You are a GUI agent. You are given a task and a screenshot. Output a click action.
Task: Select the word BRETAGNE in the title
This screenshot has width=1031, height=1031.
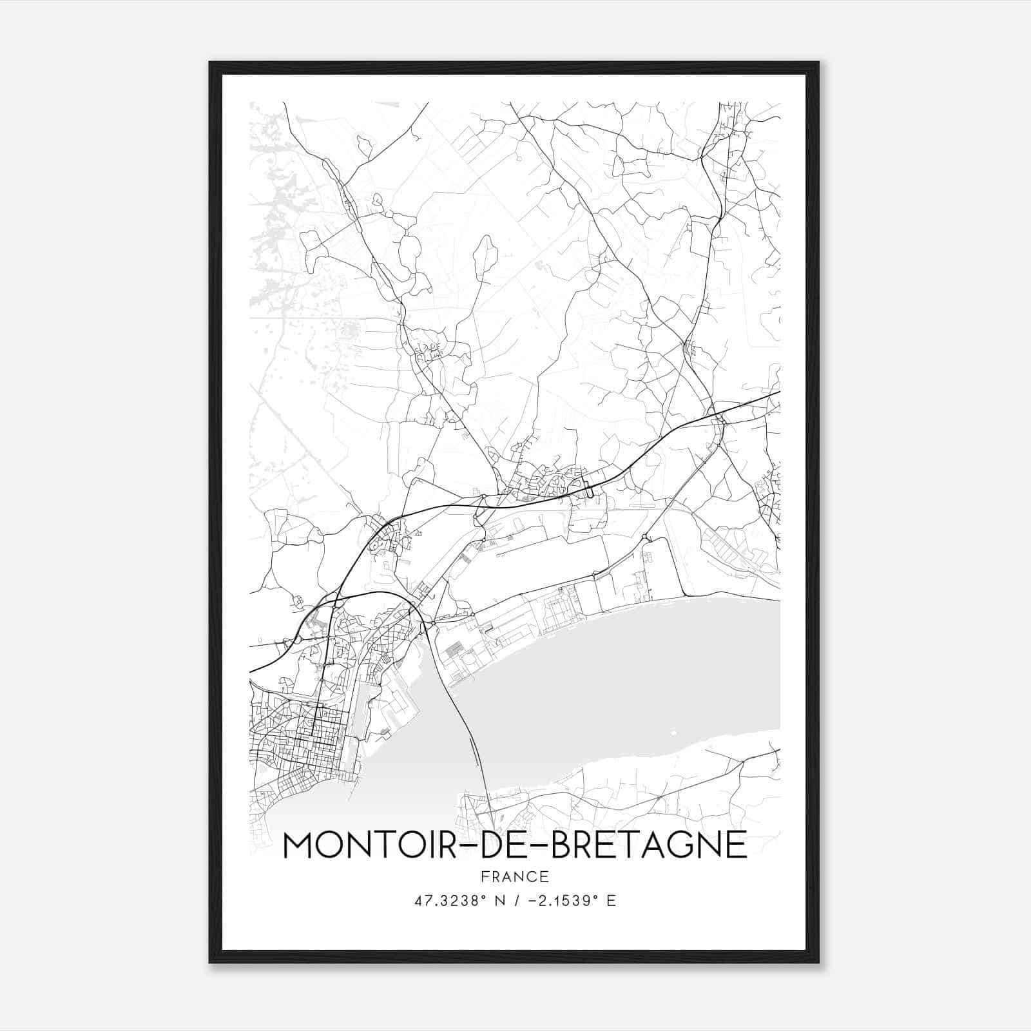650,845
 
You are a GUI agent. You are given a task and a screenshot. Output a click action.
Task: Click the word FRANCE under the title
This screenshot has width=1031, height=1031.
514,877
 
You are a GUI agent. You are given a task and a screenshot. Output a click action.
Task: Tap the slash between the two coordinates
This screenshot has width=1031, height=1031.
516,900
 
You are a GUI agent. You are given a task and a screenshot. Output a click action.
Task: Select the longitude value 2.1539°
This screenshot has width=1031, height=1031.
568,900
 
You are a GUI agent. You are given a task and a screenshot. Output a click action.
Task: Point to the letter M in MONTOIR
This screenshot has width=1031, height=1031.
299,845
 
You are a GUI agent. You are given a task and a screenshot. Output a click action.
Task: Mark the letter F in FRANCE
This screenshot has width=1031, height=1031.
485,877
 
